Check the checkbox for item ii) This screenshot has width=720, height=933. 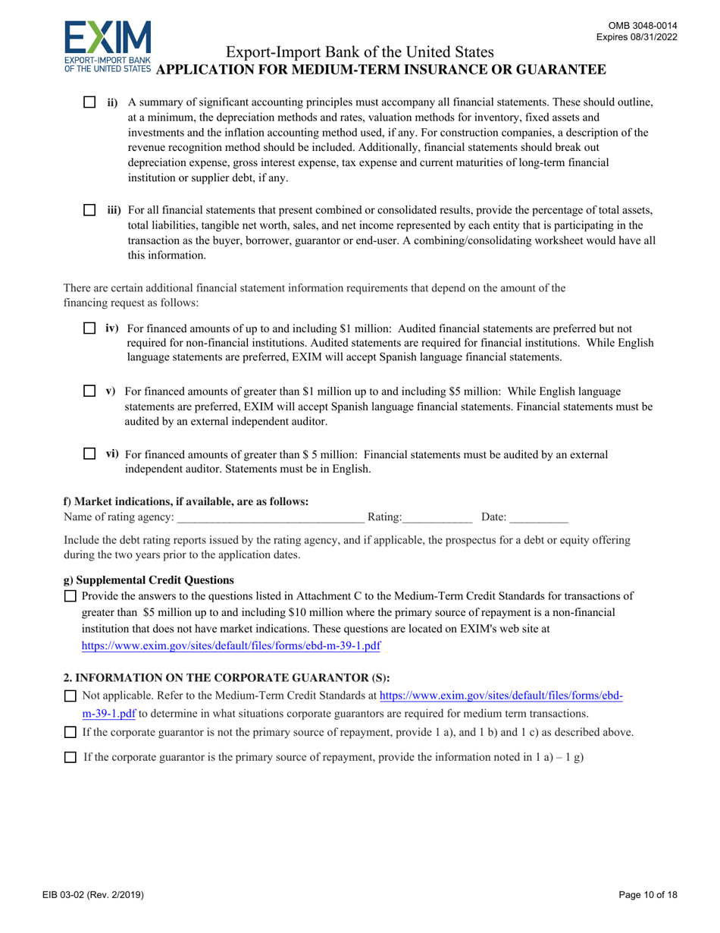89,102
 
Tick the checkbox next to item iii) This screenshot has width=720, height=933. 89,209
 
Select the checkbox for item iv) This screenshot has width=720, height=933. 89,328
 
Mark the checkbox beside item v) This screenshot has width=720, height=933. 89,391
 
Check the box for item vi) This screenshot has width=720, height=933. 89,454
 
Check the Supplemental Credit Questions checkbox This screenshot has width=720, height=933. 71,597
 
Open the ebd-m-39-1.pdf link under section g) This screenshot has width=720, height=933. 230,646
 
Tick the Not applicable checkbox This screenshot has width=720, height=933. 71,696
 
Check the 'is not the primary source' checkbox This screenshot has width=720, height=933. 71,733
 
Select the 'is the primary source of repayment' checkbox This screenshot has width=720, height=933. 71,757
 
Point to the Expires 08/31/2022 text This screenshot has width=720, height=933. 637,36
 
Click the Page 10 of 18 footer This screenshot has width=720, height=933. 648,895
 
